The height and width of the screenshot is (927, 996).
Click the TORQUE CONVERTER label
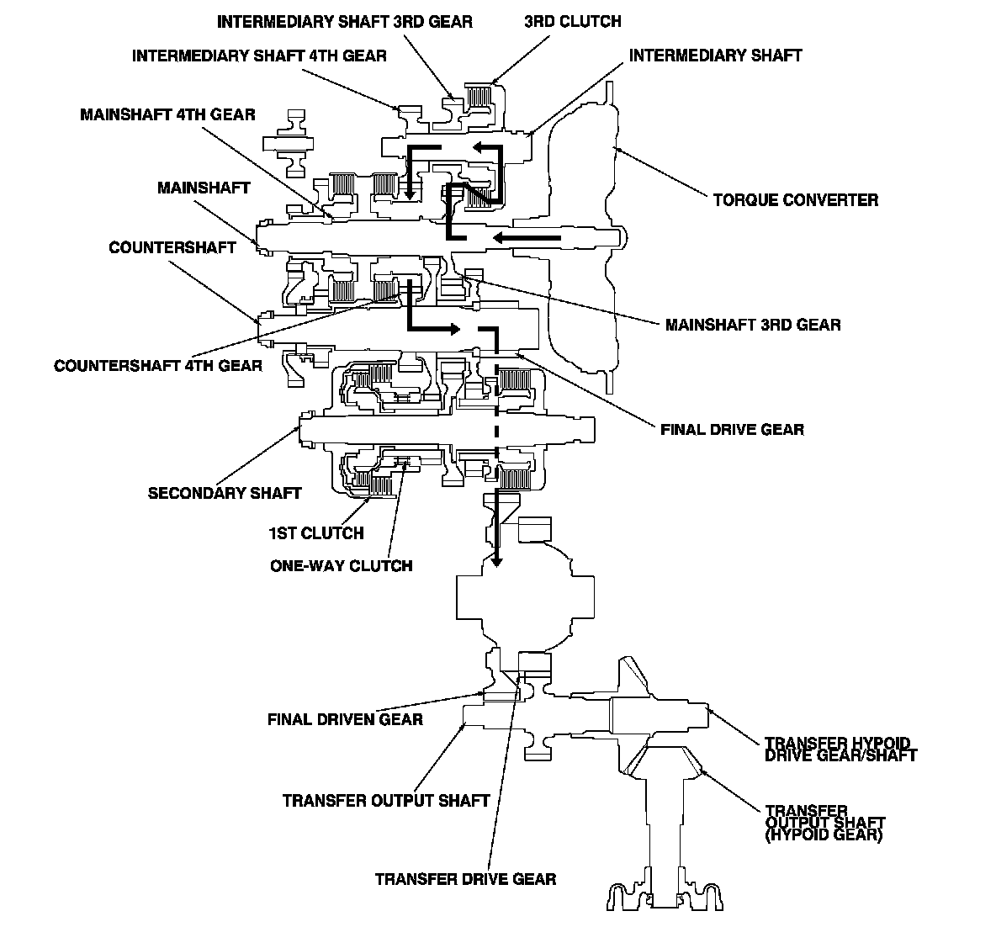(x=795, y=200)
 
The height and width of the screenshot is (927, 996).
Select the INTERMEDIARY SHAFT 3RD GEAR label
(x=345, y=22)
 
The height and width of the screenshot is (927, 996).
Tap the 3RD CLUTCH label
(x=572, y=22)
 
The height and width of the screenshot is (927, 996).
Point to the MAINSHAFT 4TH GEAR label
(x=167, y=115)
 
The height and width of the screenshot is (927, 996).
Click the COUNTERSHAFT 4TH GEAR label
(x=158, y=366)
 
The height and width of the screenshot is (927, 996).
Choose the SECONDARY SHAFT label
(x=225, y=494)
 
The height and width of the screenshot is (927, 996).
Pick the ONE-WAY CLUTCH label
(x=341, y=566)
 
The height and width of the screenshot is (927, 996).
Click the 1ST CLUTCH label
(x=316, y=533)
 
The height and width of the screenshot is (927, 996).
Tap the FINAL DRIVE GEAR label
(x=733, y=430)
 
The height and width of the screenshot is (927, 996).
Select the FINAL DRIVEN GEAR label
(x=345, y=720)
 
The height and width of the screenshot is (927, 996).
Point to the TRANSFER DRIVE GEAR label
(x=465, y=879)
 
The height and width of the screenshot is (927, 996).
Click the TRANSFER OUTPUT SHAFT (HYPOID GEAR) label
(x=824, y=824)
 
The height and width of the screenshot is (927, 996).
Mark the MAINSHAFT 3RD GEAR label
(x=753, y=326)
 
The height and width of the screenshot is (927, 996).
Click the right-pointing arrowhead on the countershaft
(x=453, y=329)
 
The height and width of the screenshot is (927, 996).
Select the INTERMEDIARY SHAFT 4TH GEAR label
(x=259, y=56)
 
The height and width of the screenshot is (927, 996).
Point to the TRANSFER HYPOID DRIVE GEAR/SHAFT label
(x=841, y=750)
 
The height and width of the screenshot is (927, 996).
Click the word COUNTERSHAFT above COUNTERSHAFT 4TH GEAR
(x=172, y=248)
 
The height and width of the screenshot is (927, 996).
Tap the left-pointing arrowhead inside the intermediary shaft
(x=478, y=148)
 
